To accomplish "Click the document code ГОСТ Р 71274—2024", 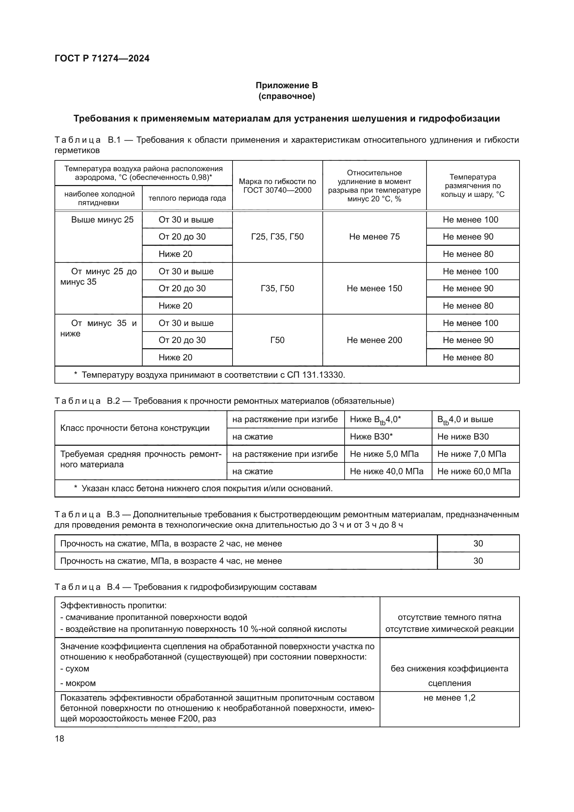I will point(102,58).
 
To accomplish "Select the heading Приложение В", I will point(287,85).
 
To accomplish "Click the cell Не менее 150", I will point(374,288).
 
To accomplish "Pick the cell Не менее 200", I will point(374,340).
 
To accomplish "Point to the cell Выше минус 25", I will point(102,220).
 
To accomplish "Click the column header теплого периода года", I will point(187,198).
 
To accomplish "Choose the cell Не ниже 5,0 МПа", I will point(384,454).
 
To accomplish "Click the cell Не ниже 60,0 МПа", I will point(474,471).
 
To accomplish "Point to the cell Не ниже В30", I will point(463,436).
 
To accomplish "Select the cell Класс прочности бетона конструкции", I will point(135,428).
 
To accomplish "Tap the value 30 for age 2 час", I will point(478,543).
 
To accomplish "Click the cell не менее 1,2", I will point(449,697).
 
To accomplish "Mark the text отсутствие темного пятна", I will point(449,617).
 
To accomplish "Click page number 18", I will point(60,738).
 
